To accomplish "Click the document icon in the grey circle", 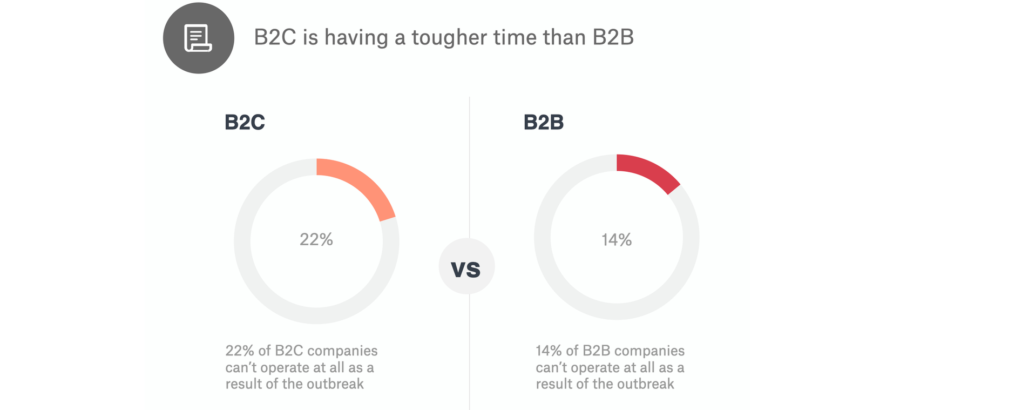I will [198, 38].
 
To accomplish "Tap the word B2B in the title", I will [613, 37].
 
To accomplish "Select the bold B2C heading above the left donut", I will [245, 123].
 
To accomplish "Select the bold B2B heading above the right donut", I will [543, 123].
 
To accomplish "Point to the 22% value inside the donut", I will [316, 239].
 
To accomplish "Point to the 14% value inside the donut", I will [617, 239].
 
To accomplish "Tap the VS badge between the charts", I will [466, 268].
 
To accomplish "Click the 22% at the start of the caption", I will [239, 351].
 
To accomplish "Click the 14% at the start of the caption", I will [549, 351].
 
